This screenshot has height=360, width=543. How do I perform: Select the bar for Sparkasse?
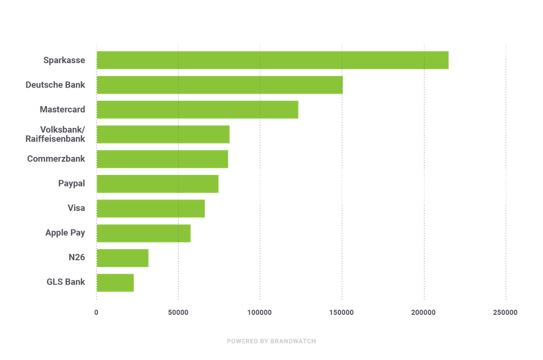pyautogui.click(x=273, y=60)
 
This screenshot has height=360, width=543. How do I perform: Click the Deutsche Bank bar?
pyautogui.click(x=220, y=85)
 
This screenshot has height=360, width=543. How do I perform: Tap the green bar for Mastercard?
pyautogui.click(x=197, y=110)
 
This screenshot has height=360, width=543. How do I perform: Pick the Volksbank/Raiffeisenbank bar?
pyautogui.click(x=163, y=134)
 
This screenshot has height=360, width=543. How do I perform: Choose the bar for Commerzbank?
pyautogui.click(x=162, y=159)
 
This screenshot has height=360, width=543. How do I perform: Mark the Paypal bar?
pyautogui.click(x=157, y=183)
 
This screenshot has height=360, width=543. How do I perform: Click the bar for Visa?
pyautogui.click(x=151, y=208)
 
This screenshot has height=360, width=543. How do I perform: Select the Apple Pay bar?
pyautogui.click(x=144, y=233)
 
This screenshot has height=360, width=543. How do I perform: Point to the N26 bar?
pyautogui.click(x=122, y=258)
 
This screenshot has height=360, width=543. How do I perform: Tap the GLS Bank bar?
pyautogui.click(x=115, y=283)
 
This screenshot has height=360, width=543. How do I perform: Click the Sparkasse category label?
pyautogui.click(x=64, y=60)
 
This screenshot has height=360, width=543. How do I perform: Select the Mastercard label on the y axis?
pyautogui.click(x=62, y=110)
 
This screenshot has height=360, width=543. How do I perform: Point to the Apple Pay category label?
pyautogui.click(x=65, y=233)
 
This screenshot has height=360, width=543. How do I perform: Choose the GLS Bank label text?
pyautogui.click(x=66, y=282)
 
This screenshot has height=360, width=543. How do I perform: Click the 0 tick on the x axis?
pyautogui.click(x=97, y=313)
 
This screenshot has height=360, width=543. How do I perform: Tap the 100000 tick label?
pyautogui.click(x=260, y=313)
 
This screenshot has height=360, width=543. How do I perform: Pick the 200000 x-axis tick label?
pyautogui.click(x=424, y=313)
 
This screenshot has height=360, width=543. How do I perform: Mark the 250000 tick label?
pyautogui.click(x=505, y=313)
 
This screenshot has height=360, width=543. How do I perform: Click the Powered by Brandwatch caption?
pyautogui.click(x=271, y=341)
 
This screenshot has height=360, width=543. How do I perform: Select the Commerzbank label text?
pyautogui.click(x=56, y=159)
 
